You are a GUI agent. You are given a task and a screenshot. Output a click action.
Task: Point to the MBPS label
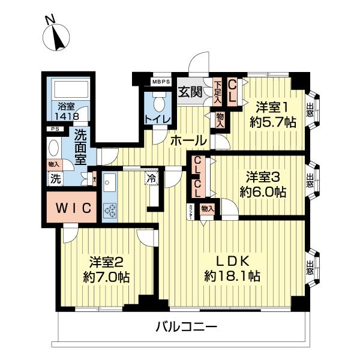coord(160,82)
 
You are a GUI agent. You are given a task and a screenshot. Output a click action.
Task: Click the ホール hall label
coord(188,141)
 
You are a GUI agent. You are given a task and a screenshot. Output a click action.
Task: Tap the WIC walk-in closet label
coord(70,208)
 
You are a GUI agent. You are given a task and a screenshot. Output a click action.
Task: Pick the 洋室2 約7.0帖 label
coord(106,270)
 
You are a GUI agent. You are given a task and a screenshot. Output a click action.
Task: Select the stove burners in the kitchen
coord(110,209)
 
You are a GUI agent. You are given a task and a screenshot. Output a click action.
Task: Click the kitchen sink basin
coord(109,183)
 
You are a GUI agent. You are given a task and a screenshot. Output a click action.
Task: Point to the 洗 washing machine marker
coord(55,178)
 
